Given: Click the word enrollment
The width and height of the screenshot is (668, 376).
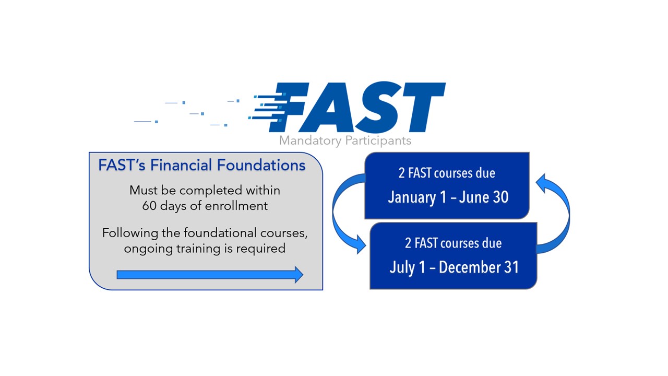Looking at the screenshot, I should point(237,206).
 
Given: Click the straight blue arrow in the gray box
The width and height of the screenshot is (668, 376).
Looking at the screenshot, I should point(209,275).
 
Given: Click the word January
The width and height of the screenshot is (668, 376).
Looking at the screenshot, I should point(412,197).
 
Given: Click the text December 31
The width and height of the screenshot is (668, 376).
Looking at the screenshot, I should point(479,267).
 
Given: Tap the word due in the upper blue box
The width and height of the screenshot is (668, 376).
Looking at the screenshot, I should point(486,173).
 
